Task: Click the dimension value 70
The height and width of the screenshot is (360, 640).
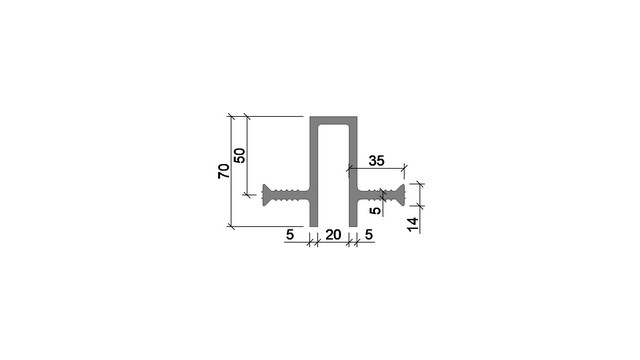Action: pos(224,171)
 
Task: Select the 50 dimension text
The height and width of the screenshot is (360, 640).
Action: pos(240,156)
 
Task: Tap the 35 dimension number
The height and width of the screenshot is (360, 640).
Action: pos(376,161)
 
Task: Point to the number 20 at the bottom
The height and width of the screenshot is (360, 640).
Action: pos(333,235)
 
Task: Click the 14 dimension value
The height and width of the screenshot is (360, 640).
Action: pos(413,224)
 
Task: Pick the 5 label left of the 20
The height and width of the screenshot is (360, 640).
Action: pos(290,235)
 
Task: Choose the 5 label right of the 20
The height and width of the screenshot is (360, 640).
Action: pos(369,235)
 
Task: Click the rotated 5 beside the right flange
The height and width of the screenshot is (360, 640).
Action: pos(375,211)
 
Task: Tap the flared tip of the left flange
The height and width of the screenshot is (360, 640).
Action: pos(267,195)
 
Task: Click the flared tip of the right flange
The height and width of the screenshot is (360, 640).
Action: pos(400,195)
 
